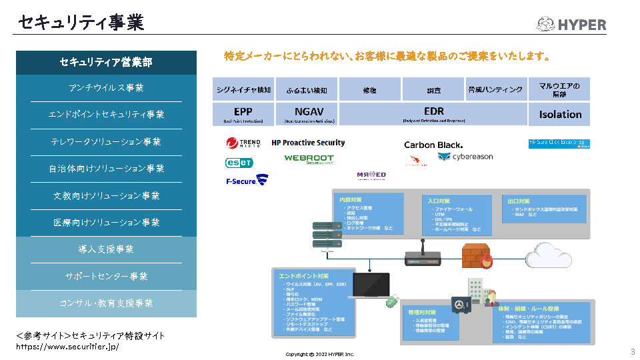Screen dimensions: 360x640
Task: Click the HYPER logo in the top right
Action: [x=571, y=25]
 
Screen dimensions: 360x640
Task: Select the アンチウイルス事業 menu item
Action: [x=107, y=88]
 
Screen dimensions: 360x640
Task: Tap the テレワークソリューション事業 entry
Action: [x=107, y=142]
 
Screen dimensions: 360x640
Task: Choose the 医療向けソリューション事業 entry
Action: [x=107, y=223]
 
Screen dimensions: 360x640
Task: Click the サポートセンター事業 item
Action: [x=107, y=276]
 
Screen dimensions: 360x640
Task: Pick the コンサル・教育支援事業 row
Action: [x=107, y=303]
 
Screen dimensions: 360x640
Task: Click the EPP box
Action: [x=243, y=114]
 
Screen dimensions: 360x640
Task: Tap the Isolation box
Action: [x=560, y=114]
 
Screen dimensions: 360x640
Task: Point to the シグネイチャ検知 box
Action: [x=243, y=89]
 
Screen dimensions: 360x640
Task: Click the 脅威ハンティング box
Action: [x=495, y=89]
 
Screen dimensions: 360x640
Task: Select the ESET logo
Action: [x=239, y=162]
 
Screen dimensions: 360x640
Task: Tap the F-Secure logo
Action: [x=247, y=180]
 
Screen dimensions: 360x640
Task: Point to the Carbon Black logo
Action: [x=433, y=145]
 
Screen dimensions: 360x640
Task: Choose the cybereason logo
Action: [x=465, y=157]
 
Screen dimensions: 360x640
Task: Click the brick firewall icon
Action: [x=476, y=256]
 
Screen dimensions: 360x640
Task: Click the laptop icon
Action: [x=371, y=285]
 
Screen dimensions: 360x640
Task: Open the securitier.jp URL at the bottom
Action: [x=67, y=347]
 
